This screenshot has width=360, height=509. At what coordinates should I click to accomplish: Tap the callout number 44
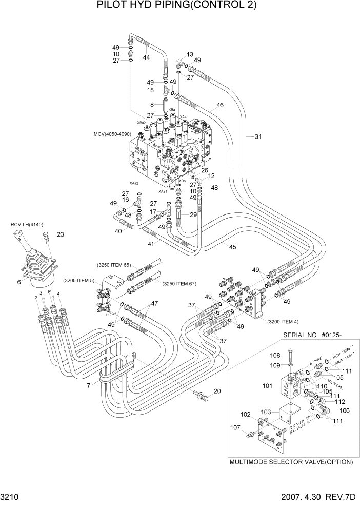coord(146,57)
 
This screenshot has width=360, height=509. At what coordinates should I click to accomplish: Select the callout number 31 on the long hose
coord(258,136)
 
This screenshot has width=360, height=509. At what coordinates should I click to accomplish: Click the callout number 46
coord(219,105)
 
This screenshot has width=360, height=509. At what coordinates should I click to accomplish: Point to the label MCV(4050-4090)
coord(112,134)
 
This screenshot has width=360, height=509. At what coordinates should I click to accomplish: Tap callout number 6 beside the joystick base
coord(18,282)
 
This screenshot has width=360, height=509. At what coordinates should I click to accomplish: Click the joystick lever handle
coord(21,237)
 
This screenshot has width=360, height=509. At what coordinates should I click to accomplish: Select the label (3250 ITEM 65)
coord(114,265)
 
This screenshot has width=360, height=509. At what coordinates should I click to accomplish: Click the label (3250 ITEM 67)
coord(180,284)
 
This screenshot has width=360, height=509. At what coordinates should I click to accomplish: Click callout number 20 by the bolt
coord(217,391)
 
